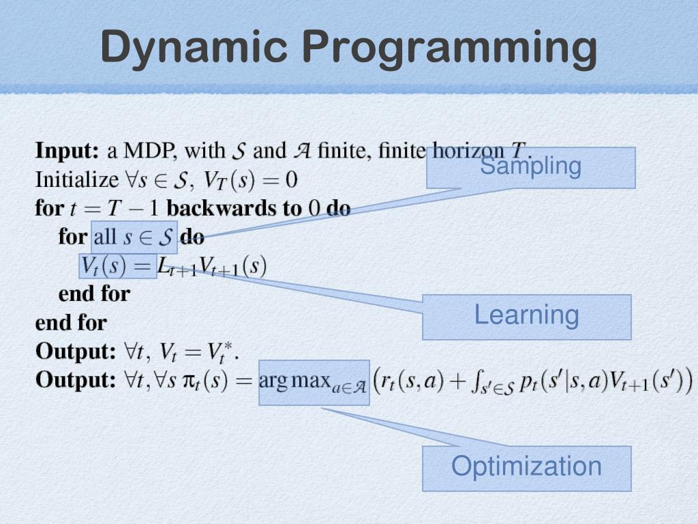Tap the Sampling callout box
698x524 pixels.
(x=530, y=167)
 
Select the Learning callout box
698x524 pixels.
(x=526, y=317)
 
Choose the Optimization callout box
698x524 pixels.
(x=526, y=468)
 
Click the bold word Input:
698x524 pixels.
(x=67, y=149)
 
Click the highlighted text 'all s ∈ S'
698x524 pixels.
(x=134, y=237)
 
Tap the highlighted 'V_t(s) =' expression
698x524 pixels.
(x=118, y=265)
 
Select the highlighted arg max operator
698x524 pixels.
(x=314, y=381)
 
